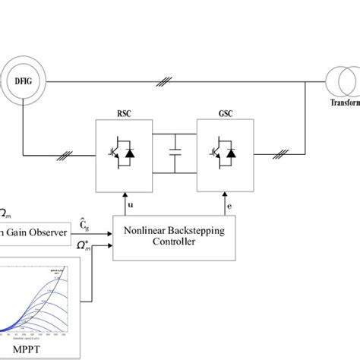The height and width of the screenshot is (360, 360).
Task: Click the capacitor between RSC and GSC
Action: pyautogui.click(x=175, y=152)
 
